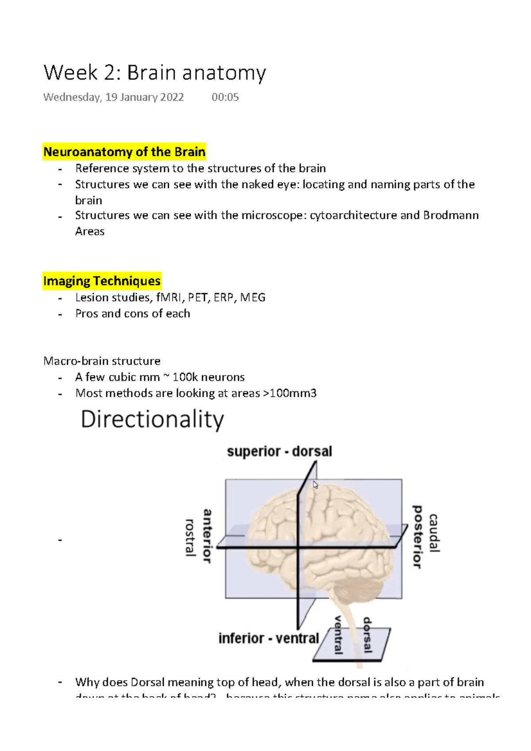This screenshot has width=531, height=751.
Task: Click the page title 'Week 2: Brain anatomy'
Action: click(x=154, y=73)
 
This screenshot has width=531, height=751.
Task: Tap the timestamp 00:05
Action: click(x=225, y=97)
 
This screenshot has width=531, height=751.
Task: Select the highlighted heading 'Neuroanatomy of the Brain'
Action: click(x=124, y=152)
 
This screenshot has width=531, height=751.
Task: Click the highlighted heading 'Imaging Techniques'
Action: click(x=102, y=281)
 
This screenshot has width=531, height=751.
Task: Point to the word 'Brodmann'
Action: click(x=451, y=215)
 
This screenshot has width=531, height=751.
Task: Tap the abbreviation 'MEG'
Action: click(x=253, y=297)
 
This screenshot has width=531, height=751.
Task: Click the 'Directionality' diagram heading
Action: click(x=152, y=419)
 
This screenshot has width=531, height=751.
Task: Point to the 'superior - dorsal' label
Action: click(x=279, y=452)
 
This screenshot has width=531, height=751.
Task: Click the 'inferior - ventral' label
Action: click(x=269, y=638)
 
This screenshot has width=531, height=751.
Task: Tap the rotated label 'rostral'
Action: click(x=190, y=537)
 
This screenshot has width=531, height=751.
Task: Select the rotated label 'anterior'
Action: click(x=207, y=536)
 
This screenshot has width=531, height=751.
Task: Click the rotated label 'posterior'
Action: click(x=417, y=536)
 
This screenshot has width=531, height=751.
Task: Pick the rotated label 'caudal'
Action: click(x=434, y=533)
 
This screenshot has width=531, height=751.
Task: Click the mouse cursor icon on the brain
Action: click(x=316, y=485)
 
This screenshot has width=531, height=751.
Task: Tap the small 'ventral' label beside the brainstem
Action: click(x=339, y=635)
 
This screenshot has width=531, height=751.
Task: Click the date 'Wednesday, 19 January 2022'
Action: click(x=113, y=97)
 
